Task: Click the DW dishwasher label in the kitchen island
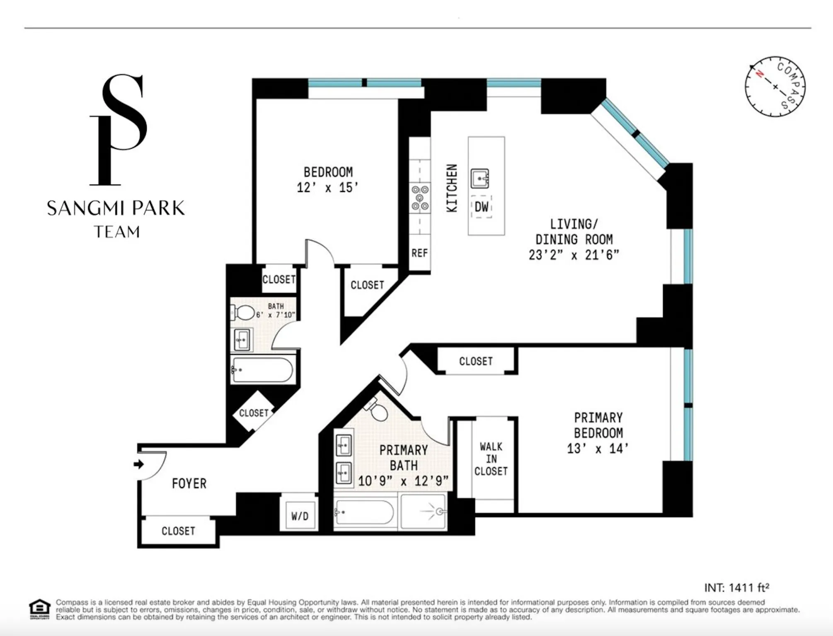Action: (x=481, y=206)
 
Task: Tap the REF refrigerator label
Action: (x=419, y=253)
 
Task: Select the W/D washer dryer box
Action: (x=300, y=516)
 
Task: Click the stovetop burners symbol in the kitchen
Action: (x=420, y=197)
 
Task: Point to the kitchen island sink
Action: (x=480, y=179)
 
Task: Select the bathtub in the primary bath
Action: (x=364, y=512)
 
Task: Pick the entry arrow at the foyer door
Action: (x=139, y=464)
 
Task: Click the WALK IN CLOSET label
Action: (x=491, y=459)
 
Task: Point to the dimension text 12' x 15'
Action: (x=327, y=187)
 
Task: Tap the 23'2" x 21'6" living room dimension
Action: (x=574, y=255)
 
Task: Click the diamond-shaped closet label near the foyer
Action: (x=254, y=413)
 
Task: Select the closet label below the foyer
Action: (x=178, y=531)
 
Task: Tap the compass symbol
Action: (x=775, y=87)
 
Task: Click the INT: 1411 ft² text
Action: (x=736, y=587)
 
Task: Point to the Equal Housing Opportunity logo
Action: (x=40, y=609)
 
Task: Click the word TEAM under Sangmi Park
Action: (x=117, y=232)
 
